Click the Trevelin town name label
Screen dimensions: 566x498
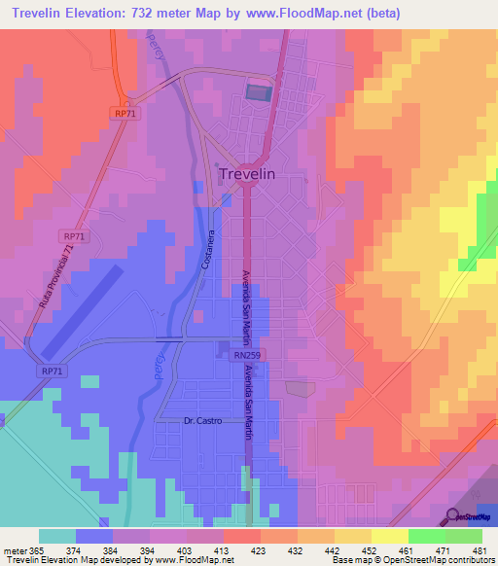[261, 173]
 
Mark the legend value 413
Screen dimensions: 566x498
[222, 549]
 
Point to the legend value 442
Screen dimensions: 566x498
[332, 549]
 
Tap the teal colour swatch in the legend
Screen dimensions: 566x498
[56, 536]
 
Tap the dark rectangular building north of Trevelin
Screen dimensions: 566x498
[258, 92]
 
